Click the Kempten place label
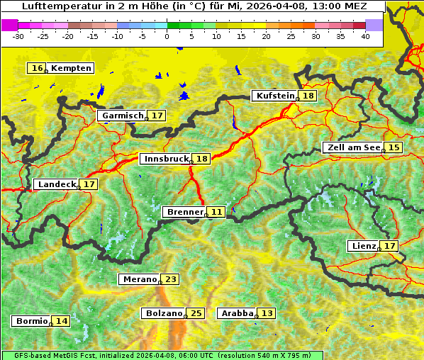click(71, 68)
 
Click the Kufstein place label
click(274, 96)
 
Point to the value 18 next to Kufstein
click(308, 96)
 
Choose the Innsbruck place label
click(165, 159)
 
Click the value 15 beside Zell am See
click(394, 147)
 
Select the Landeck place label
click(56, 184)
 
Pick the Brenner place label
click(184, 212)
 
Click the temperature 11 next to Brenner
click(216, 212)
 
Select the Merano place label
click(139, 279)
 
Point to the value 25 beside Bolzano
click(196, 313)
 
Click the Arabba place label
click(238, 313)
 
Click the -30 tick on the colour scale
click(18, 36)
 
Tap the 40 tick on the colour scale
click(365, 36)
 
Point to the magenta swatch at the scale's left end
click(10, 25)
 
